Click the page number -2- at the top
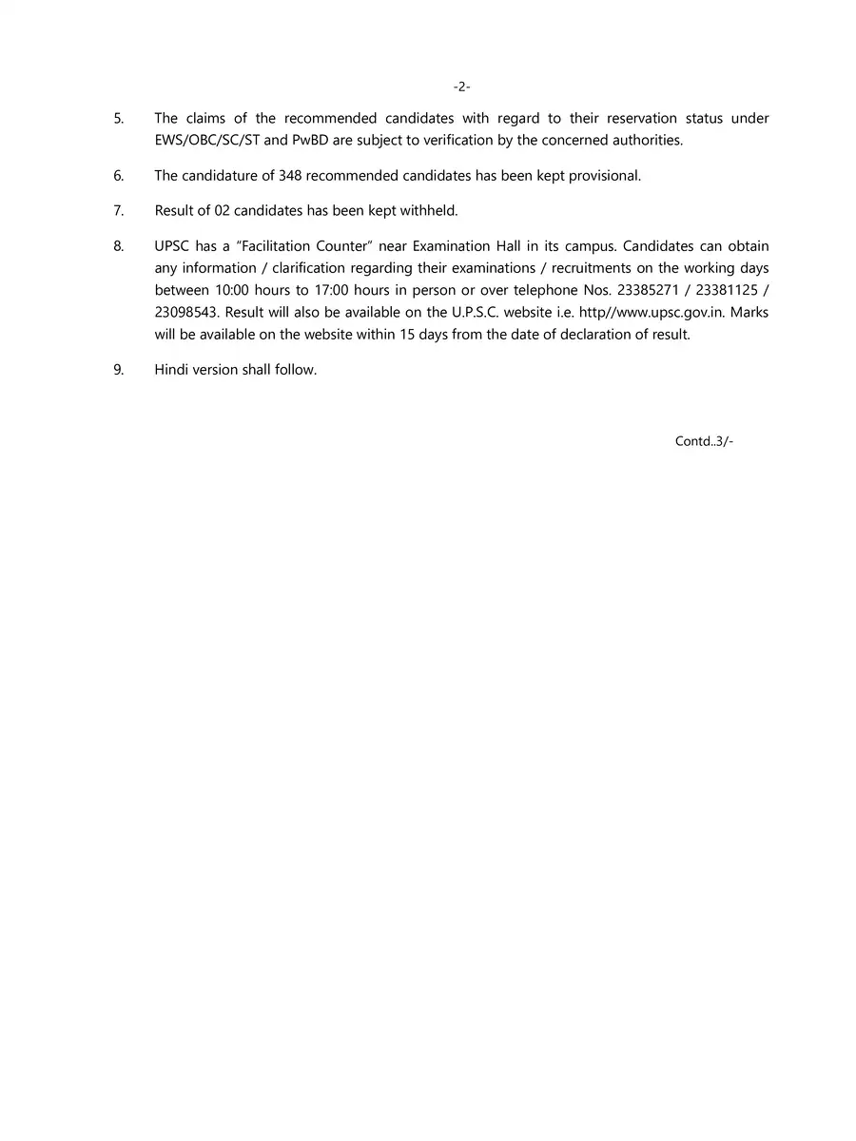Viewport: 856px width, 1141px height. [x=461, y=87]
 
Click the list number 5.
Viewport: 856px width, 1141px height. [x=119, y=119]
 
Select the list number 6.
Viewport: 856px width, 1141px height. [x=119, y=176]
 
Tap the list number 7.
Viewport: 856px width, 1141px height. [x=119, y=210]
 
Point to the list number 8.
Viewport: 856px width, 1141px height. [x=119, y=246]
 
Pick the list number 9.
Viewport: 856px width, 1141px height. [x=119, y=370]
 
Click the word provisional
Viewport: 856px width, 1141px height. [x=605, y=176]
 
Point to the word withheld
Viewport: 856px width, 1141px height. [x=429, y=210]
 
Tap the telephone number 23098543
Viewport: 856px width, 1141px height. [x=187, y=312]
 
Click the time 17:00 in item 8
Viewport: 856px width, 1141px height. [x=332, y=290]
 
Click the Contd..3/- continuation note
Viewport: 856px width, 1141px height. [x=704, y=441]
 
